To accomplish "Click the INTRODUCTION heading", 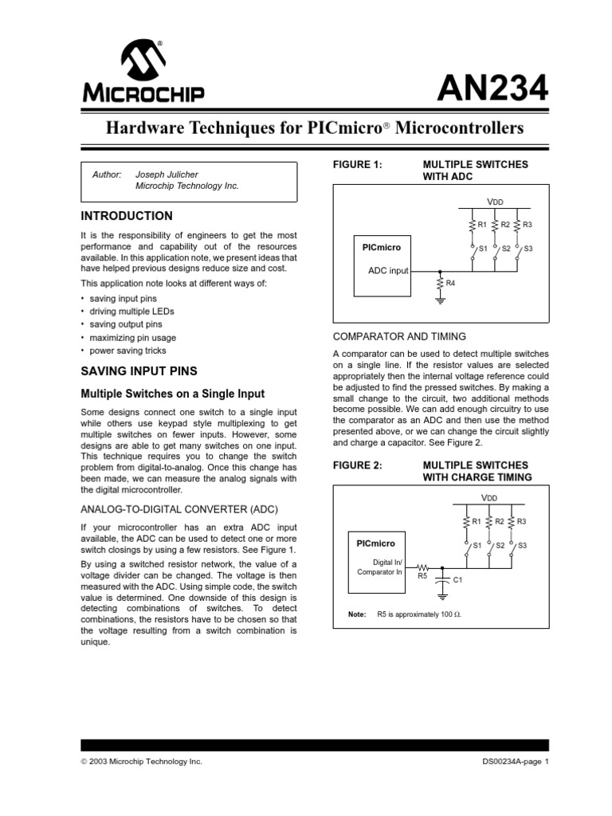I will (127, 216).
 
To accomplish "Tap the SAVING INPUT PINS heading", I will (139, 372).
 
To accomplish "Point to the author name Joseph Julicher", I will (167, 174).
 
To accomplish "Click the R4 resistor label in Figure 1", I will (450, 283).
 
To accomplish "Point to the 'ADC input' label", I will (387, 271).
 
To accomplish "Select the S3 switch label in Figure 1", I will (528, 249).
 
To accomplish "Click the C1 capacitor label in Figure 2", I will (457, 580).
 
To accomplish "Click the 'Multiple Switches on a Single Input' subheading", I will (172, 394).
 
